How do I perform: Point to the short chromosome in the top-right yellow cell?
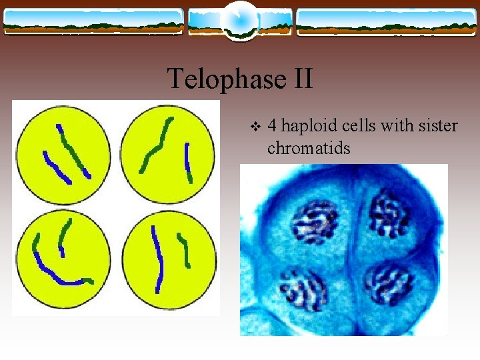(x=188, y=162)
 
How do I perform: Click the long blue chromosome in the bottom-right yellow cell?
(x=157, y=259)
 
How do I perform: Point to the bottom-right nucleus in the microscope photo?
(x=389, y=284)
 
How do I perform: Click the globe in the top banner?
(x=239, y=20)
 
